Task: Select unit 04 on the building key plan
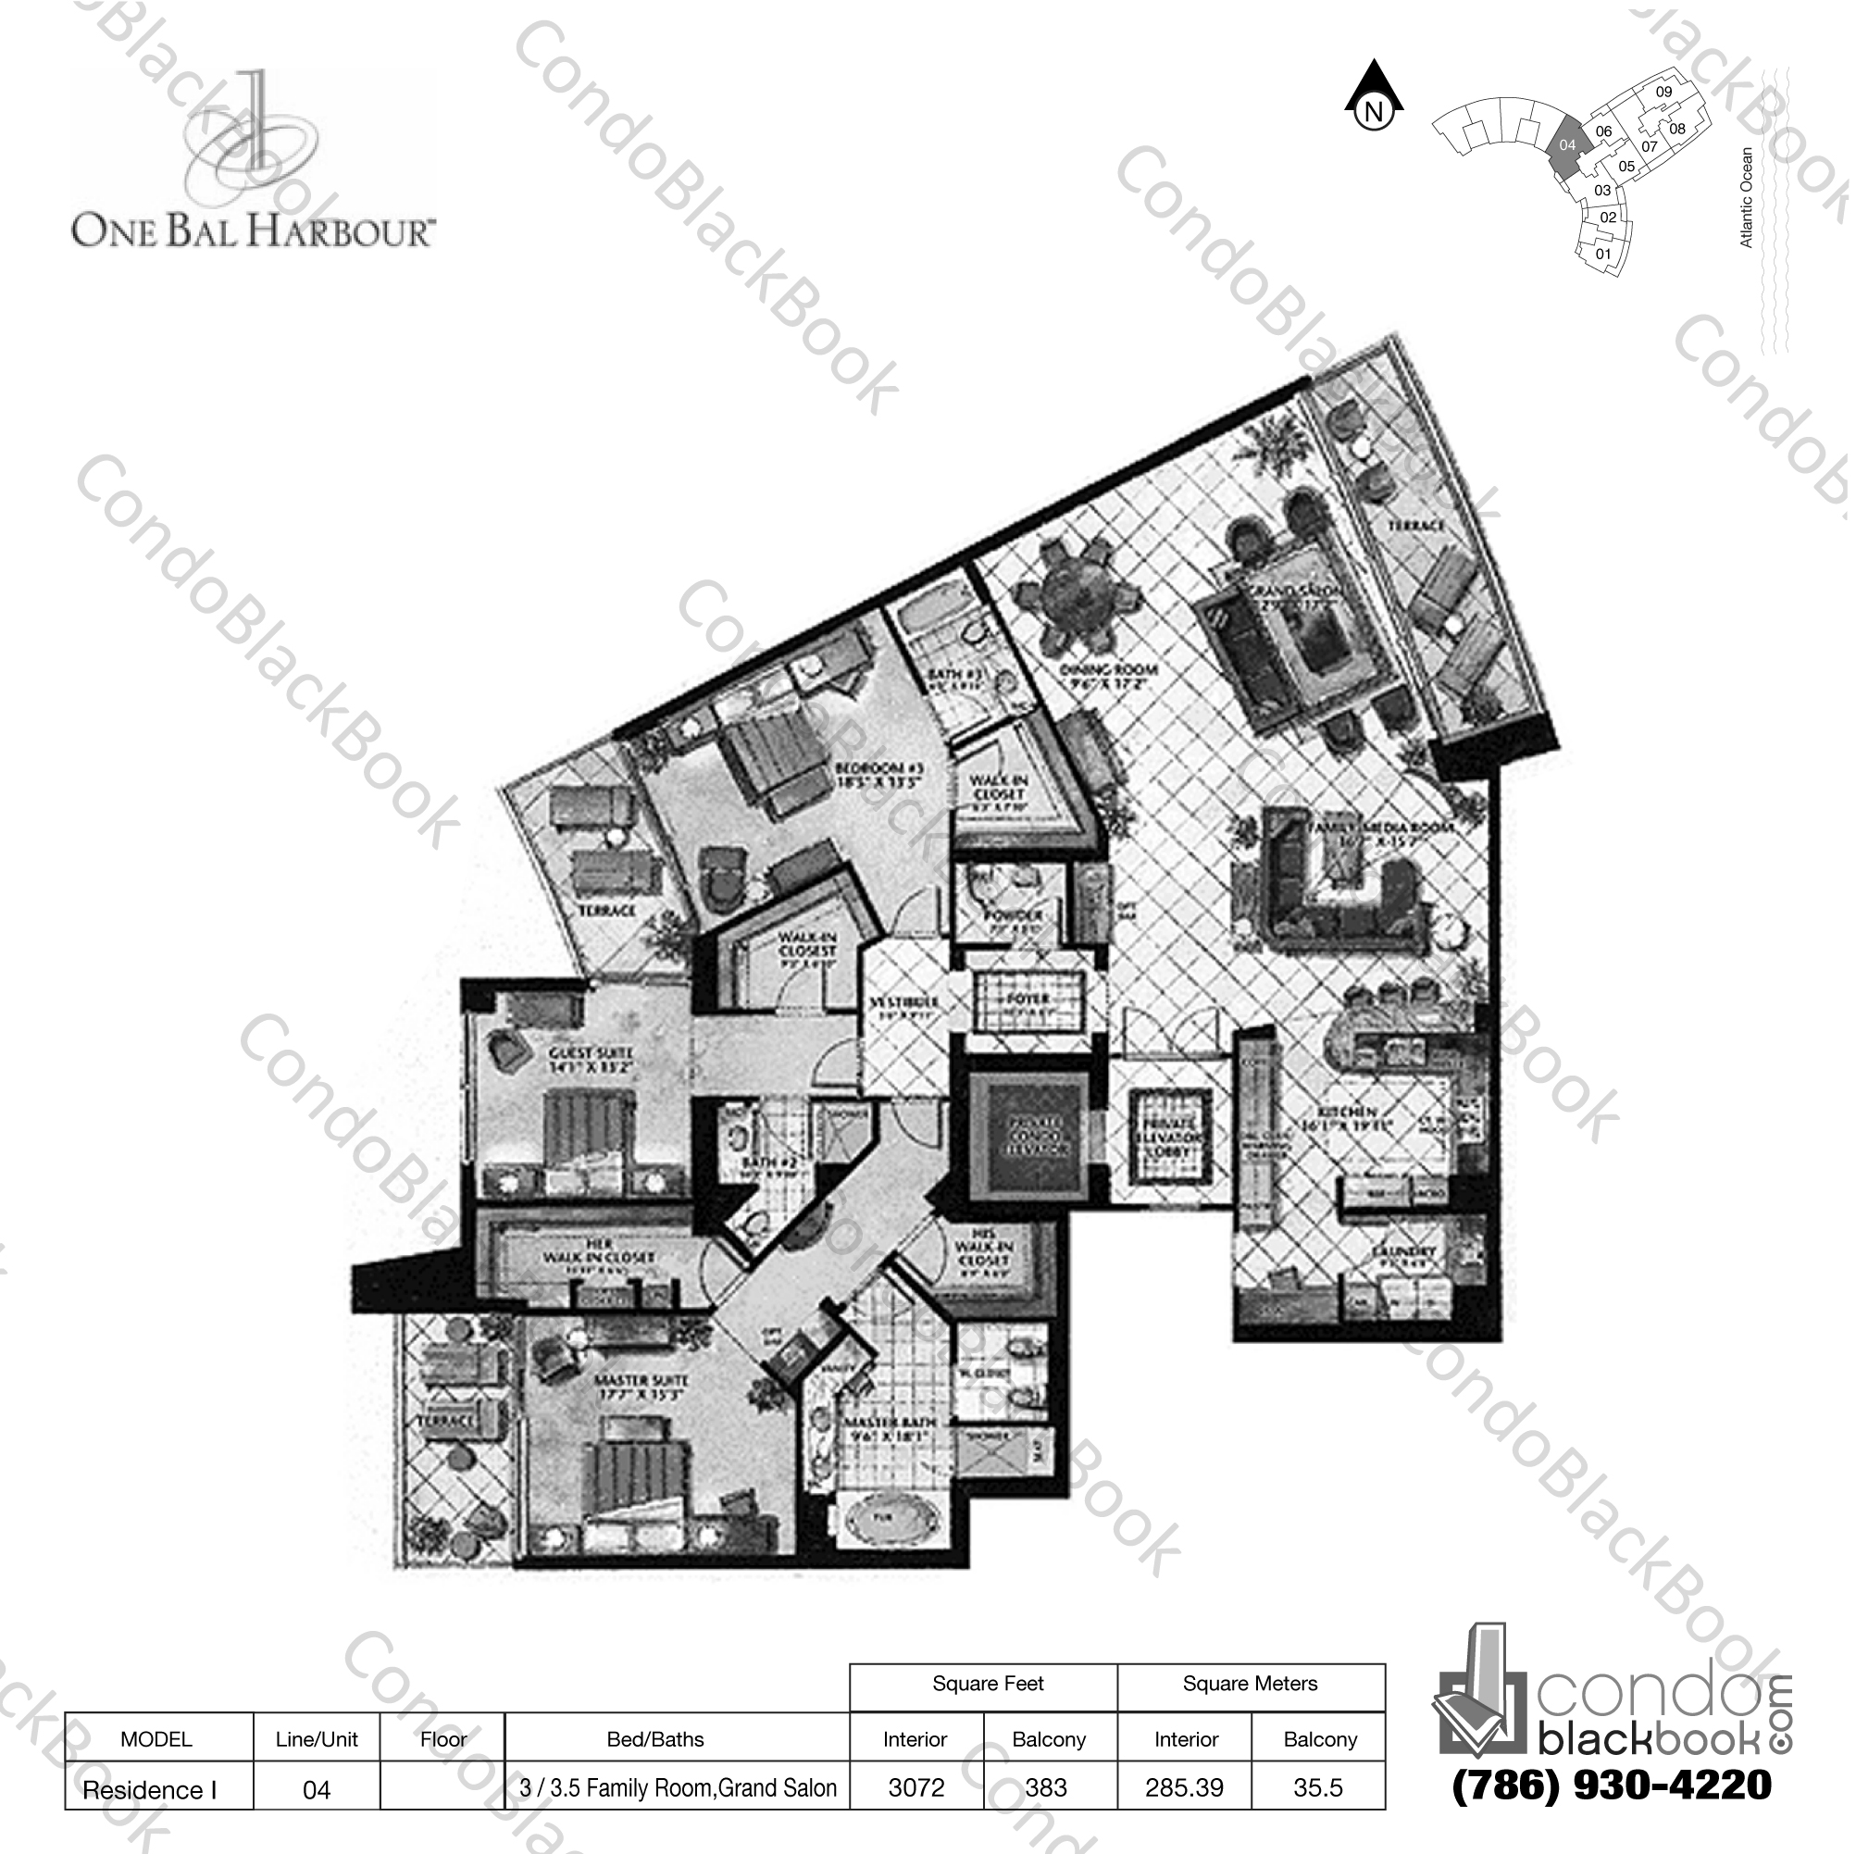pos(1567,146)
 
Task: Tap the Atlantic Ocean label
pos(1747,197)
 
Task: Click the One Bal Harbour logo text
pos(254,230)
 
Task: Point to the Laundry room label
pos(1403,1251)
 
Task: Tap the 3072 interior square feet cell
pos(916,1787)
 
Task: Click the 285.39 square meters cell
pos(1184,1787)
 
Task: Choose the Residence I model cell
pos(150,1789)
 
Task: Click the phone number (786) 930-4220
pos(1611,1785)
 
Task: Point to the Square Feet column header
pos(987,1683)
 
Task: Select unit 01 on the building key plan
pos(1602,255)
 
